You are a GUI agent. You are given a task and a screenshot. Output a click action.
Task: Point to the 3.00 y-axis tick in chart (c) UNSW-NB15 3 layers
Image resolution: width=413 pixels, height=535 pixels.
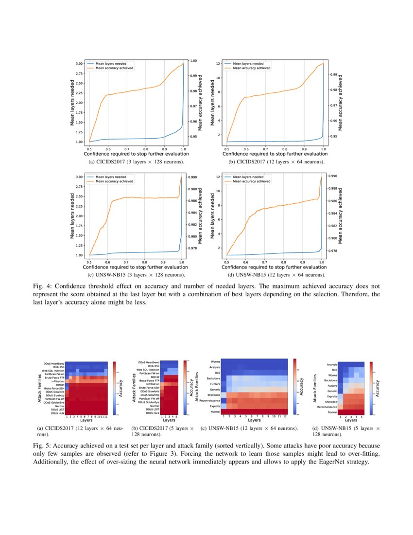[x=79, y=177]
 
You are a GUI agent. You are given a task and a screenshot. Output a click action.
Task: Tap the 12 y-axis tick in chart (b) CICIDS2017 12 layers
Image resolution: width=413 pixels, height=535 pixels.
[x=220, y=64]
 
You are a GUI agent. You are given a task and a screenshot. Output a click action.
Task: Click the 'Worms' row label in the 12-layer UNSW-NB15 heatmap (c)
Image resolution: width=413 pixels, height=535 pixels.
[x=216, y=361]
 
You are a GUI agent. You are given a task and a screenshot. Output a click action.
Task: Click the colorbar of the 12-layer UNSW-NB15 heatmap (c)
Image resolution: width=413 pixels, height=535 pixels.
[x=295, y=387]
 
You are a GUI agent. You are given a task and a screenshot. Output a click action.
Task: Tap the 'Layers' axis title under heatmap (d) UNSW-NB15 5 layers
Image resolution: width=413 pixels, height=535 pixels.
[x=350, y=421]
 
